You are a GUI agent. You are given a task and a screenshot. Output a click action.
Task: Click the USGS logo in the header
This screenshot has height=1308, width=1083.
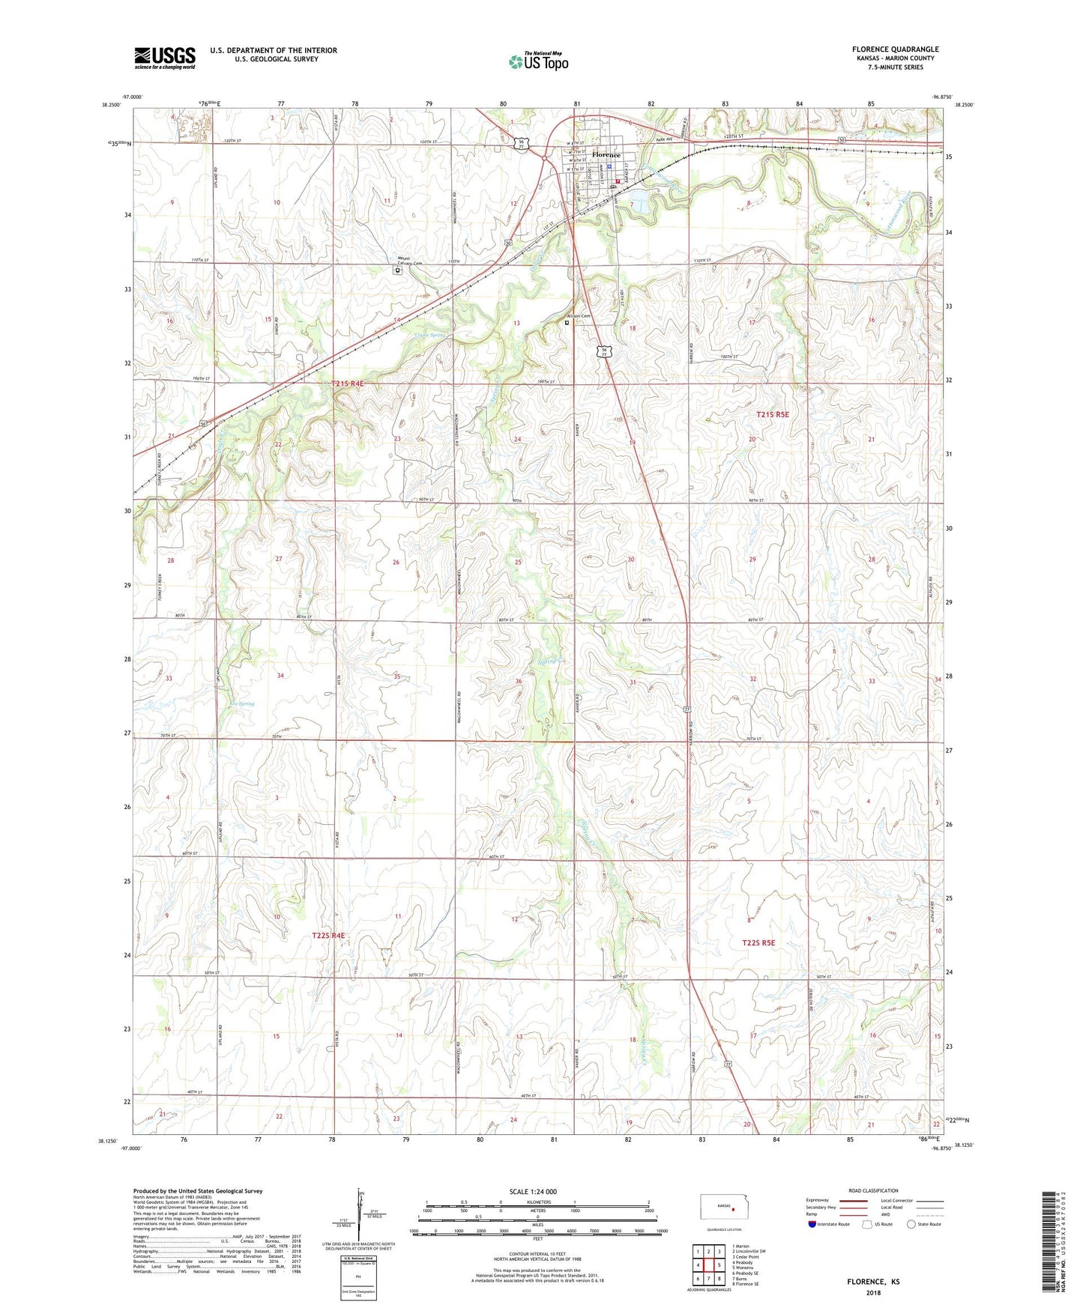(x=164, y=58)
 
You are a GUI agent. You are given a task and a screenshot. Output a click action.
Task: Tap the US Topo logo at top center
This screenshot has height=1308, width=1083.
(x=539, y=62)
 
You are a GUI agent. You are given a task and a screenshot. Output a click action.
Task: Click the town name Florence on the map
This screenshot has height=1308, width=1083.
(x=606, y=155)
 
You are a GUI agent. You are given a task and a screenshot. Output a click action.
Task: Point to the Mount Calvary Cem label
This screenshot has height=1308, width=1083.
(x=409, y=261)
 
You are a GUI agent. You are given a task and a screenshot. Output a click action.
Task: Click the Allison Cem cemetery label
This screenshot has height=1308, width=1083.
(x=579, y=316)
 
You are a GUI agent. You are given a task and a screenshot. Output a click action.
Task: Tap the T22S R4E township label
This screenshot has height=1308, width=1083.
(x=328, y=936)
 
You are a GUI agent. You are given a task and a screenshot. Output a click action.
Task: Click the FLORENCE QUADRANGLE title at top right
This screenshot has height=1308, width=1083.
(x=895, y=49)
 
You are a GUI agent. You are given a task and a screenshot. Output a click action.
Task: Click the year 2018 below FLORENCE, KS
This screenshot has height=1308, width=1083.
(x=873, y=1293)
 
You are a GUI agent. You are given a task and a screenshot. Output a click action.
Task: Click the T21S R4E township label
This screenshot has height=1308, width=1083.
(x=347, y=384)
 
